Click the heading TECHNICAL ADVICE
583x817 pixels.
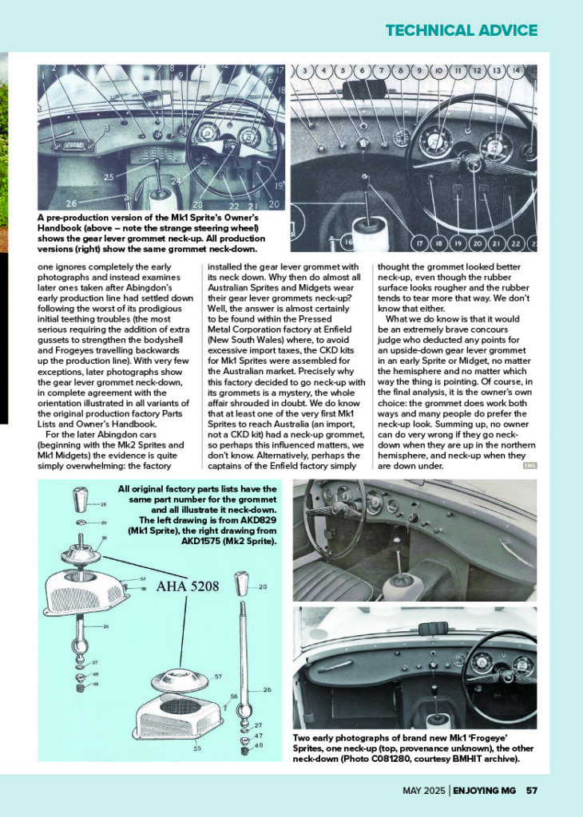(462, 30)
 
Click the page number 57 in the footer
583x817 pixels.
(531, 791)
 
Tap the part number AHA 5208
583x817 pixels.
(188, 586)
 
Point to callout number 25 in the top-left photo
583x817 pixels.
(109, 177)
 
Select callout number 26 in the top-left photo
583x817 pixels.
(71, 203)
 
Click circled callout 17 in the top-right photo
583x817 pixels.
(419, 243)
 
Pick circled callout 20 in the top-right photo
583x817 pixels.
(477, 243)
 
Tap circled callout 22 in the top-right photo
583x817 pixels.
(516, 243)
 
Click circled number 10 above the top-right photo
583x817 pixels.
(438, 70)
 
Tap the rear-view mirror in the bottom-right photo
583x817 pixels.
(434, 629)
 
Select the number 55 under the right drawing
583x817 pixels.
(196, 748)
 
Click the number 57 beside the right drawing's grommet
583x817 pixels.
(218, 677)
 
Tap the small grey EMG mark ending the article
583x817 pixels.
(529, 466)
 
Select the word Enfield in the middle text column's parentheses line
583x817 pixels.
(338, 330)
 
